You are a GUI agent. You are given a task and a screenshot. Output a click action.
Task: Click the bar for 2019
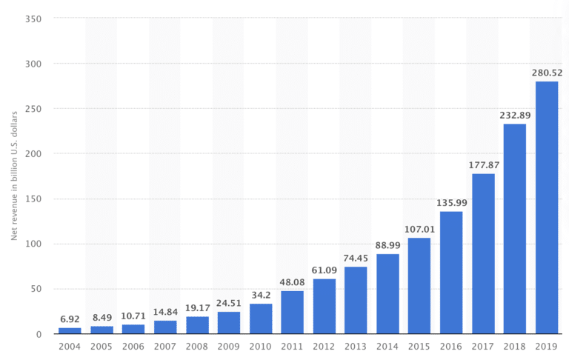click(x=546, y=207)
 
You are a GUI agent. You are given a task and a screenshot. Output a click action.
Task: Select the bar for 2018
click(x=514, y=229)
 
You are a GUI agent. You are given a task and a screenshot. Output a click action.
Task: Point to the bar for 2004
click(x=70, y=331)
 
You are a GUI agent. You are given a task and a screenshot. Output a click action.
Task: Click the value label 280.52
click(x=546, y=73)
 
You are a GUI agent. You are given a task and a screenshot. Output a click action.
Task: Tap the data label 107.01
click(x=419, y=229)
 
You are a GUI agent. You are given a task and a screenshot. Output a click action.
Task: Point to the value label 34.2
click(x=260, y=295)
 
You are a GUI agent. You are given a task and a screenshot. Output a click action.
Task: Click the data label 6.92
click(x=70, y=319)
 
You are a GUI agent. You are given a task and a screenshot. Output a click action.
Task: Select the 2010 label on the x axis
click(x=260, y=347)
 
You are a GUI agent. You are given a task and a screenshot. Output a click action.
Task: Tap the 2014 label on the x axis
click(x=387, y=347)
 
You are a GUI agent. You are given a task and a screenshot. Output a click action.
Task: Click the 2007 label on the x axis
click(x=164, y=347)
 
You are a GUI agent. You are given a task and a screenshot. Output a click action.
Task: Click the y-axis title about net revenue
click(x=14, y=176)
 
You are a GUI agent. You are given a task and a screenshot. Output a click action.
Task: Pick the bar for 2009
click(x=228, y=323)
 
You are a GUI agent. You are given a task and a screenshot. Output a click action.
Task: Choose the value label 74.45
click(x=356, y=258)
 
